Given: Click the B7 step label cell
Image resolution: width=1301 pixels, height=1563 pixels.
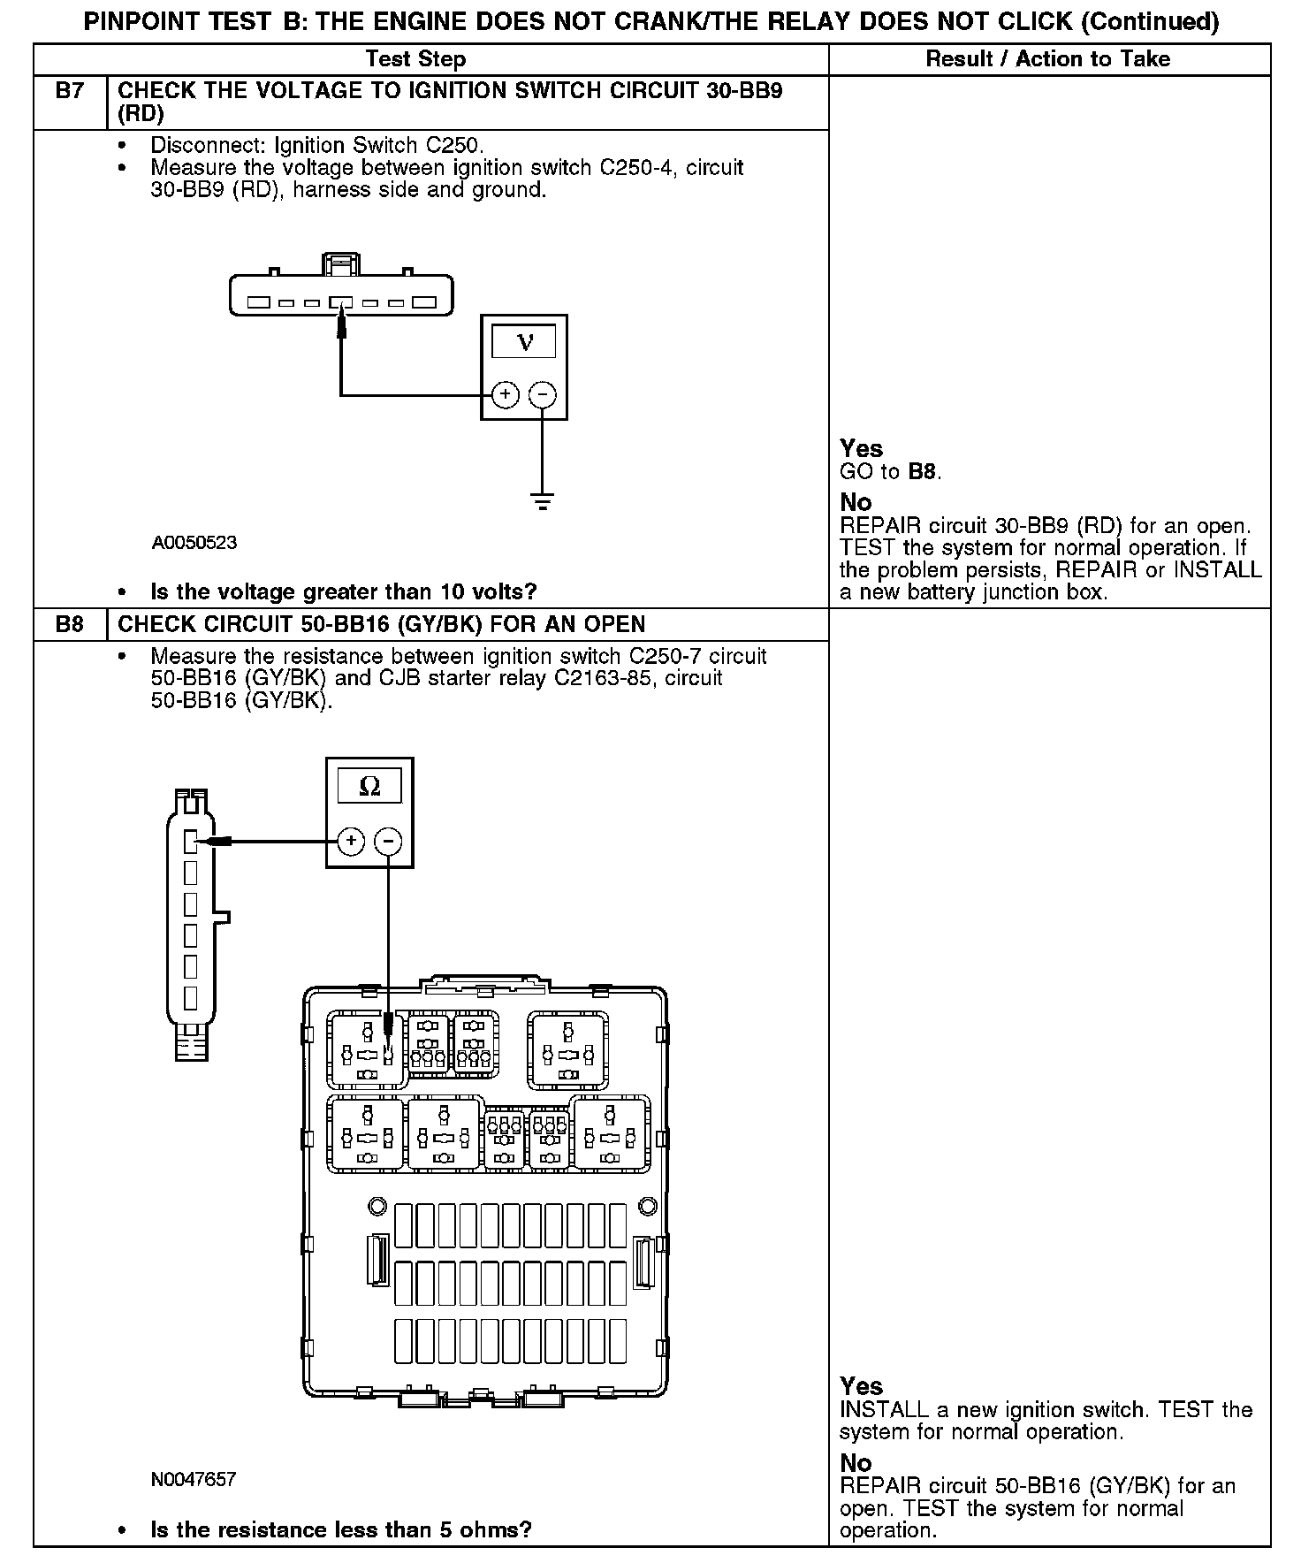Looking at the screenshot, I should [70, 91].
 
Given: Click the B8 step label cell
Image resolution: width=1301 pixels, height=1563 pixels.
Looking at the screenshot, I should [70, 624].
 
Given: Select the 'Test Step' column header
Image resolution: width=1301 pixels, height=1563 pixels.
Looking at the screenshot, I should [415, 59].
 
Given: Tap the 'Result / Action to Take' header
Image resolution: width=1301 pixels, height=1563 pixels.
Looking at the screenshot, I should [1048, 59].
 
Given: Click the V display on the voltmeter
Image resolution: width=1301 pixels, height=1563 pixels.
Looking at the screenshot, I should [524, 342].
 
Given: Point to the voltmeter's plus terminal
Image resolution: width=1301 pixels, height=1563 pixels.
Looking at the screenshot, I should [505, 394].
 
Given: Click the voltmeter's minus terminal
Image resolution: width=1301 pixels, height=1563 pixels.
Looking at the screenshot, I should [543, 394].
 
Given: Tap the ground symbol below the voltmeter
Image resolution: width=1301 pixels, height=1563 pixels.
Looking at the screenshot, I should [543, 502].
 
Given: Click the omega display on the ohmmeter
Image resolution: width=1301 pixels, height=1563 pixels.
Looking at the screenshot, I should [369, 786].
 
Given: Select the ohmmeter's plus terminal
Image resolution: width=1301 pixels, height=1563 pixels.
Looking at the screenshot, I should [351, 841].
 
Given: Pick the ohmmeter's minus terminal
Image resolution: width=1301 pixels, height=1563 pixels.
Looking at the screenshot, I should [388, 841].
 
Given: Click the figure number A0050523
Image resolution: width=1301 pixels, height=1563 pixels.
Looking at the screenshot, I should [194, 543].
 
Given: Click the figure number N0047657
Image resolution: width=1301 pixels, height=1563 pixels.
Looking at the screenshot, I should [194, 1479].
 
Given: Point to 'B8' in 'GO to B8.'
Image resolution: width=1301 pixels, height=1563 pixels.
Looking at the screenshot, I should [923, 471].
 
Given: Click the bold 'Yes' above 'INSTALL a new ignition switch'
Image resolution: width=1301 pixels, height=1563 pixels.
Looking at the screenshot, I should [861, 1385].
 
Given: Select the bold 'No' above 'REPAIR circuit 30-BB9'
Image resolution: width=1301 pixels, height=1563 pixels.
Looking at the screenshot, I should [856, 502].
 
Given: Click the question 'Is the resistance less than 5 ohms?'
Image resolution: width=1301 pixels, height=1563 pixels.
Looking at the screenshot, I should [341, 1529].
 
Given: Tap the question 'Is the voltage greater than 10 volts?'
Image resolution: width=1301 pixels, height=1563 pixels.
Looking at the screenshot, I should [344, 591].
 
